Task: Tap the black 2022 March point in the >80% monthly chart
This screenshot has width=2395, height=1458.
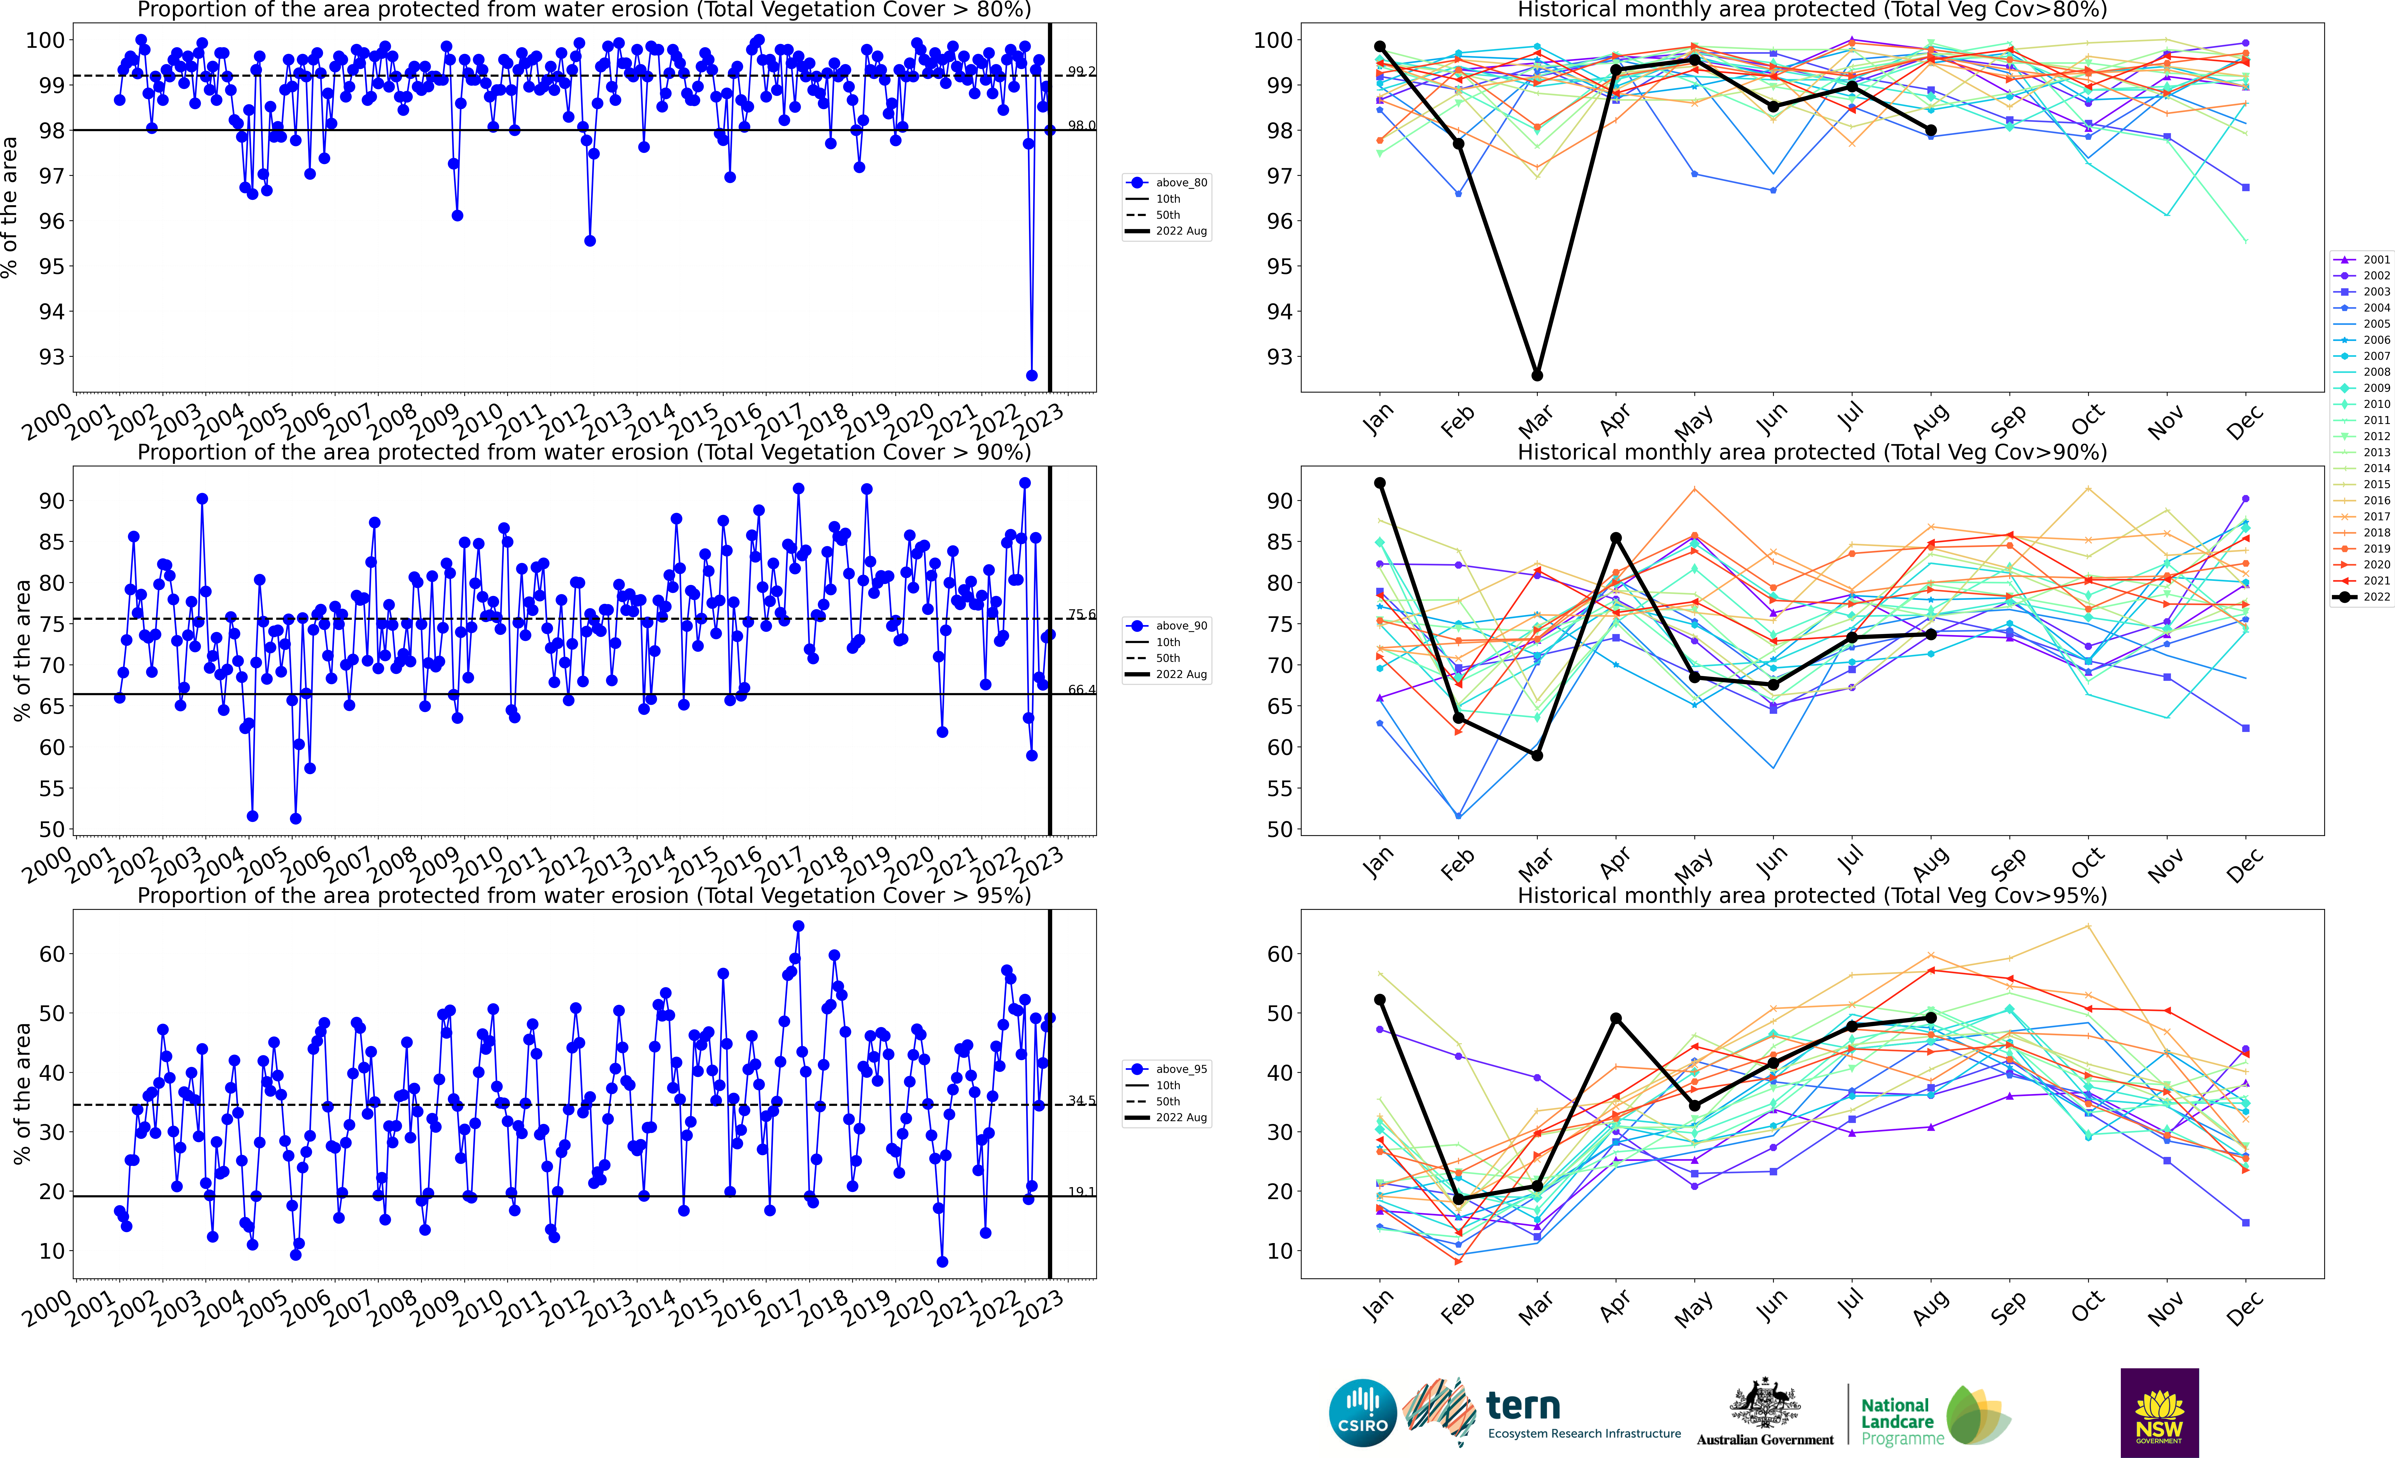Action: [x=1537, y=375]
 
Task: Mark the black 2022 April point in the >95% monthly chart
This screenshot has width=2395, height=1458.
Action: [x=1615, y=1019]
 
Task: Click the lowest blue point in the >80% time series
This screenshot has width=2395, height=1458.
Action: [x=1031, y=375]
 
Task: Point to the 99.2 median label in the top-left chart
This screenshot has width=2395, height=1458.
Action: [x=1081, y=71]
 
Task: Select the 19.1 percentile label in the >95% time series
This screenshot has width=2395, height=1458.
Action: [x=1081, y=1192]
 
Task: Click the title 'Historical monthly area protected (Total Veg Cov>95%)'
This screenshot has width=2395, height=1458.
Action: [x=1812, y=895]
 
